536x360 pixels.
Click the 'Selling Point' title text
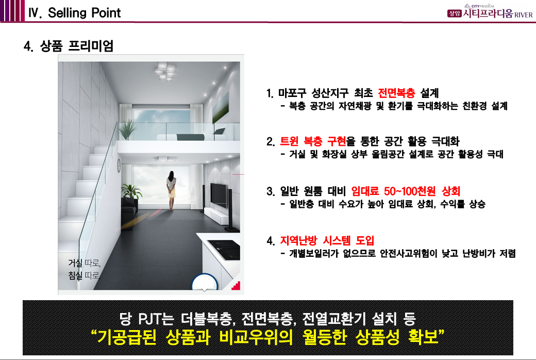coord(84,13)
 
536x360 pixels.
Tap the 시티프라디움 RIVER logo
coord(490,12)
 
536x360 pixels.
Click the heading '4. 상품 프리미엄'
coord(69,46)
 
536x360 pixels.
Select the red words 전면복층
coord(396,93)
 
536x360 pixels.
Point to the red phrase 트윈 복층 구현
coord(313,141)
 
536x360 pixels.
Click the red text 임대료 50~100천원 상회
coord(406,191)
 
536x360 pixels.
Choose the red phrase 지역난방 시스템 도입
coord(327,240)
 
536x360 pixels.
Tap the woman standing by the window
coord(171,190)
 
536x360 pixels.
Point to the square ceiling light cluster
coord(165,72)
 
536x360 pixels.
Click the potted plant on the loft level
coord(127,129)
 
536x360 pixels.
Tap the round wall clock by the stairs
coord(119,165)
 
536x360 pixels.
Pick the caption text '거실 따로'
coord(84,263)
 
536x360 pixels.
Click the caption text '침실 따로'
coord(84,275)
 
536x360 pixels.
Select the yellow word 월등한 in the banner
coord(324,337)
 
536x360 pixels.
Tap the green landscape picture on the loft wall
coord(221,108)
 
